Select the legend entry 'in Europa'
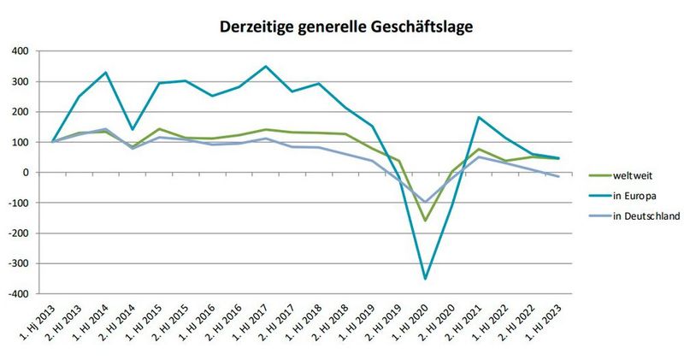click(634, 196)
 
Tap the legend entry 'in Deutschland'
click(645, 215)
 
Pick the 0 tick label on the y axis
click(27, 173)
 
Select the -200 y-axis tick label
click(20, 233)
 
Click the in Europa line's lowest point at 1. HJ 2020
click(425, 279)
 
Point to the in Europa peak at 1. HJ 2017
click(266, 67)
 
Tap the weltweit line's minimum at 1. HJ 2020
click(425, 221)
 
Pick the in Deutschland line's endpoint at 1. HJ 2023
click(557, 176)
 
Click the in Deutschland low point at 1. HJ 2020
click(425, 202)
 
